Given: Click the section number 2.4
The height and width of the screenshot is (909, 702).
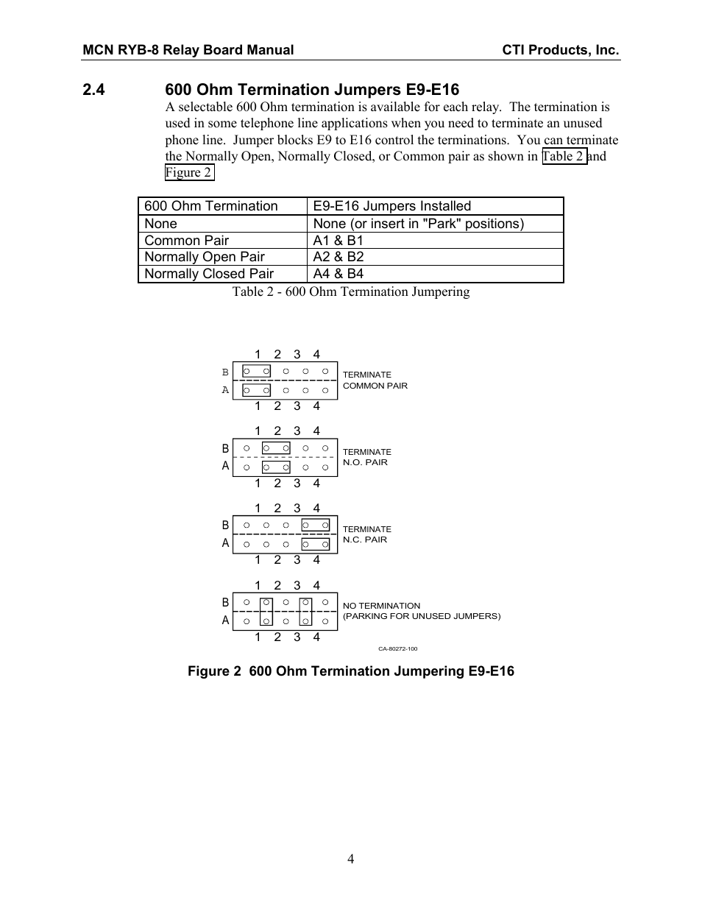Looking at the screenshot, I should tap(94, 90).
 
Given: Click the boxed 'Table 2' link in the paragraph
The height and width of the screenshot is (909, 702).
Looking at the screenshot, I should tap(564, 156).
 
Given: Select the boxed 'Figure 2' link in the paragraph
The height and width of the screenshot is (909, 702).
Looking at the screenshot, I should tap(189, 173).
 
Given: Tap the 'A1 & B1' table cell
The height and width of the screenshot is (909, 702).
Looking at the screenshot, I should tap(338, 241).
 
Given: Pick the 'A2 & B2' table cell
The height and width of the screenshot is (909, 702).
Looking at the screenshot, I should tap(338, 257).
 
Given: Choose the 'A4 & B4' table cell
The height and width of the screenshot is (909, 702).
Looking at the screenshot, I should tap(338, 274).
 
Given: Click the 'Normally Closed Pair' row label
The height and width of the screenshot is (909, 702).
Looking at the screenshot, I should tap(209, 274).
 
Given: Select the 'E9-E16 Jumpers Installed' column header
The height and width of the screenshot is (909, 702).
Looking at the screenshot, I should tap(391, 206).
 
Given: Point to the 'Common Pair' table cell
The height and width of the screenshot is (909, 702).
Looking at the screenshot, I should tap(186, 241).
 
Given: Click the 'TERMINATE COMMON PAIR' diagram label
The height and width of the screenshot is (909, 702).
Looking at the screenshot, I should tap(375, 380).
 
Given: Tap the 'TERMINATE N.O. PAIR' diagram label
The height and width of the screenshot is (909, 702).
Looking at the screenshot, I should tap(366, 457).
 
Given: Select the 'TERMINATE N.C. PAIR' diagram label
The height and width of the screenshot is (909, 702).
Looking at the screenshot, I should tap(366, 534).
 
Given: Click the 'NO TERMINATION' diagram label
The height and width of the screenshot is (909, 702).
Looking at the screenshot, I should tap(381, 606).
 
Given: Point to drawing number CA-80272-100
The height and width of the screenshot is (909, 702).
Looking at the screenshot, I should tap(397, 649).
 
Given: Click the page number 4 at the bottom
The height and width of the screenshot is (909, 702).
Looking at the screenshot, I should tap(351, 859).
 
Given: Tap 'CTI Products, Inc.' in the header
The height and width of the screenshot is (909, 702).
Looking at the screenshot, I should tap(561, 50).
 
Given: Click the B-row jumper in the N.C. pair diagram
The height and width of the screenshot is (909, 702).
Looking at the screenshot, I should tap(315, 526).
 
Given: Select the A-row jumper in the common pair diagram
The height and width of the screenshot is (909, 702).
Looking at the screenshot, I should tap(257, 390).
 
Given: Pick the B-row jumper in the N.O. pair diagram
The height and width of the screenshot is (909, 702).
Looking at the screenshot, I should tap(276, 448).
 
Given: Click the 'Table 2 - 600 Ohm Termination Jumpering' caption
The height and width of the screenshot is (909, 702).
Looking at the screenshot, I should tap(351, 291).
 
